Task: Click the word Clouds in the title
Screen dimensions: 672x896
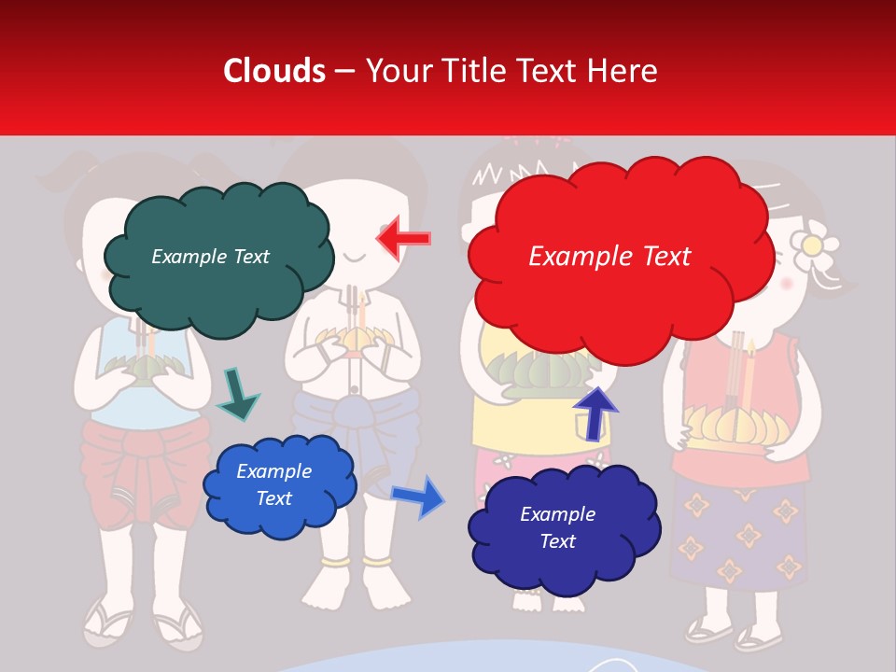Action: click(274, 71)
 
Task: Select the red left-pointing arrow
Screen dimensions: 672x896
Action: click(404, 239)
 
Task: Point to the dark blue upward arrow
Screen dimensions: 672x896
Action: click(595, 413)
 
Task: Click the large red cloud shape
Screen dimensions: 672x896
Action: click(616, 280)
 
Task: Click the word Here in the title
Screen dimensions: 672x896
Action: click(625, 71)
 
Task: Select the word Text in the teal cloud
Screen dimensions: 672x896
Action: click(250, 257)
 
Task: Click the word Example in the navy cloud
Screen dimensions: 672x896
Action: click(557, 514)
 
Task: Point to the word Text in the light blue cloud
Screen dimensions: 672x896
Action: click(274, 498)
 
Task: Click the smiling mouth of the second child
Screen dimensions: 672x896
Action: click(355, 255)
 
